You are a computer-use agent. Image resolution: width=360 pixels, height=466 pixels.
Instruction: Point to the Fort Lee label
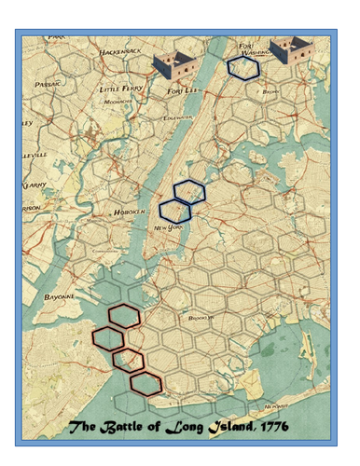pos(181,91)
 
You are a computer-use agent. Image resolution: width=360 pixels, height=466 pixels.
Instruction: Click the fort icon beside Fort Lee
pos(173,65)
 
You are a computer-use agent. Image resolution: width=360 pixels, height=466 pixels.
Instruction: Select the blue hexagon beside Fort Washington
pos(243,67)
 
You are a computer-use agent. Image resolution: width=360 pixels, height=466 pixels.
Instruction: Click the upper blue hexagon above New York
pos(189,191)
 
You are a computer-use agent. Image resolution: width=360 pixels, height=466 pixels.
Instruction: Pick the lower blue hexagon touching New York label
pos(174,212)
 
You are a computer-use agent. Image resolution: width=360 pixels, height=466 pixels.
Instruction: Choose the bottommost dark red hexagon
pos(145,381)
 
